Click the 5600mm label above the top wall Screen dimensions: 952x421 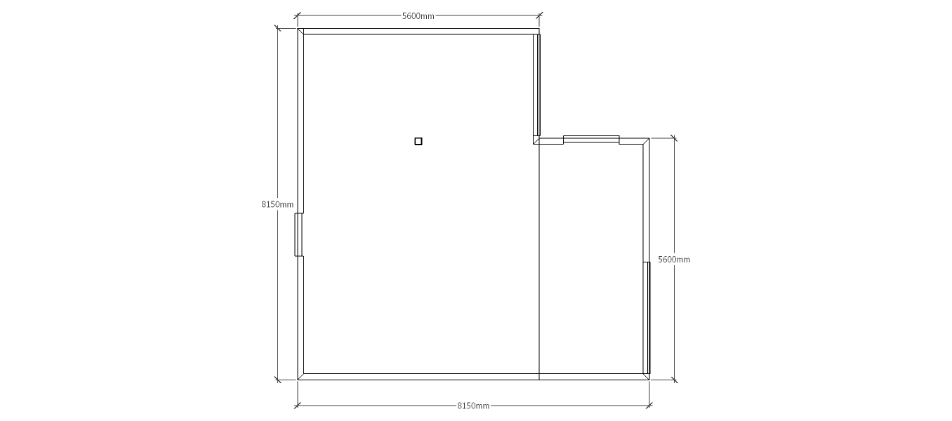pyautogui.click(x=418, y=16)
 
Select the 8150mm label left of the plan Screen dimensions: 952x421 pyautogui.click(x=277, y=204)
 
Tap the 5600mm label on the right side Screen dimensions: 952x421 pyautogui.click(x=674, y=260)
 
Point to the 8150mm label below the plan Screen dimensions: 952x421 pyautogui.click(x=473, y=406)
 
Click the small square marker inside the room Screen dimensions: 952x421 pyautogui.click(x=418, y=142)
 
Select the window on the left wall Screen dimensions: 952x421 pyautogui.click(x=299, y=235)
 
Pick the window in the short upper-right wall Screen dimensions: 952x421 pyautogui.click(x=591, y=140)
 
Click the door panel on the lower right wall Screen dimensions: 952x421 pyautogui.click(x=647, y=318)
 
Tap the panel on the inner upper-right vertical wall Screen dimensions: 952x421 pyautogui.click(x=537, y=85)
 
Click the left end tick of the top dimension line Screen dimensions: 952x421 pyautogui.click(x=298, y=15)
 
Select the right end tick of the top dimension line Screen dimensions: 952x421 pyautogui.click(x=539, y=15)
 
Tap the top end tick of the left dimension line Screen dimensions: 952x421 pyautogui.click(x=277, y=29)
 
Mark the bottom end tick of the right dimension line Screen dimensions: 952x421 pyautogui.click(x=674, y=380)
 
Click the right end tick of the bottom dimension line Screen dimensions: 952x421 pyautogui.click(x=649, y=406)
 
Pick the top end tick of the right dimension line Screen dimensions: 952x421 pyautogui.click(x=674, y=138)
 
